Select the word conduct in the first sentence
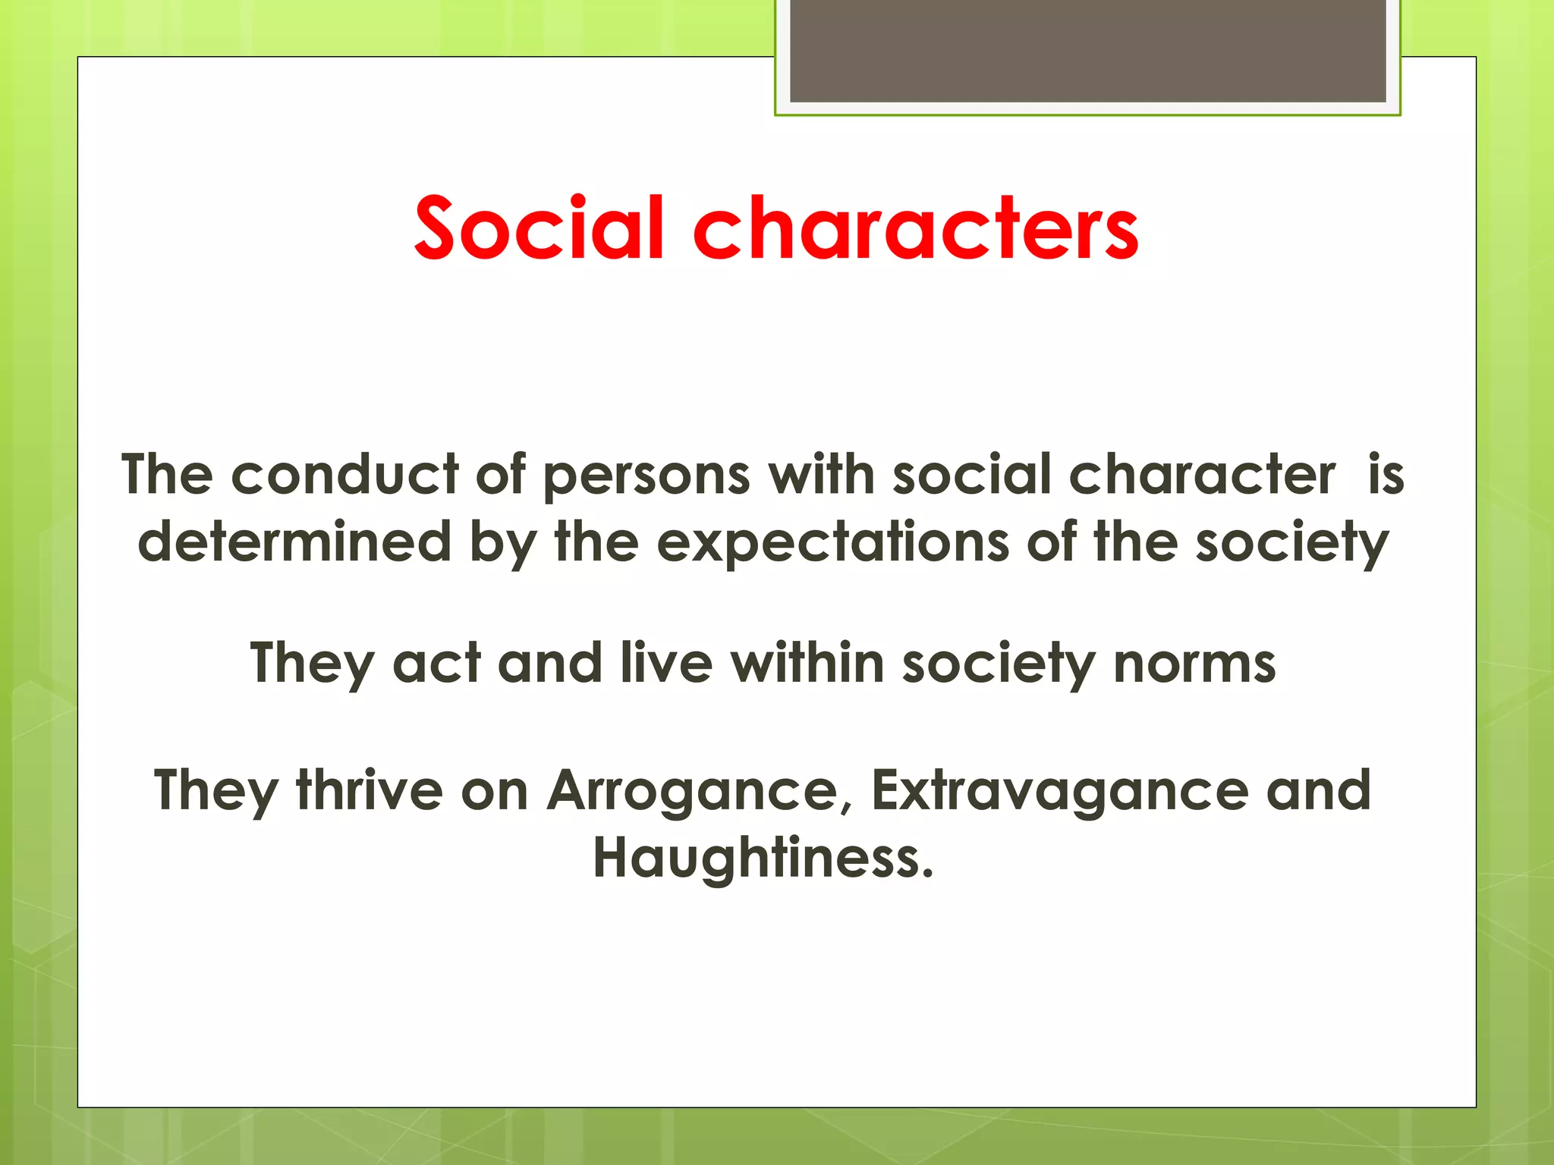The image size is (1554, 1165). tap(344, 475)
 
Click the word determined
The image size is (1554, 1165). tap(294, 542)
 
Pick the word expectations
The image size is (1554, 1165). tap(832, 543)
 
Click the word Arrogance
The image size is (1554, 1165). tap(692, 792)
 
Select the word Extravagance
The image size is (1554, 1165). tap(1059, 792)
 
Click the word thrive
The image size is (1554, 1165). tap(370, 790)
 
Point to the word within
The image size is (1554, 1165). tap(807, 663)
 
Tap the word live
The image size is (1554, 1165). tap(666, 663)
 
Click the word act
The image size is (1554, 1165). tap(436, 663)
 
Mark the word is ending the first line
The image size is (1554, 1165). tap(1386, 475)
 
